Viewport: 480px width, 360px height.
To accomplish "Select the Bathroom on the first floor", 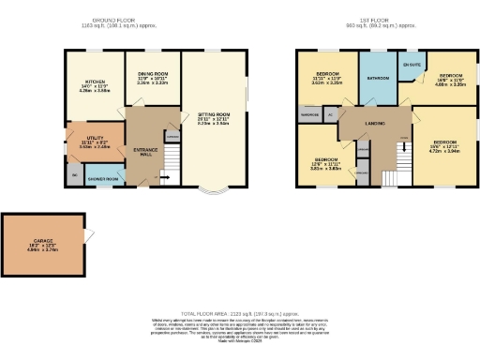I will tap(378, 79).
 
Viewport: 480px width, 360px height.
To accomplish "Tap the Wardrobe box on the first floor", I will tap(310, 115).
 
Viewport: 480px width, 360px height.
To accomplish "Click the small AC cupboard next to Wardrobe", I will tap(331, 115).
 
